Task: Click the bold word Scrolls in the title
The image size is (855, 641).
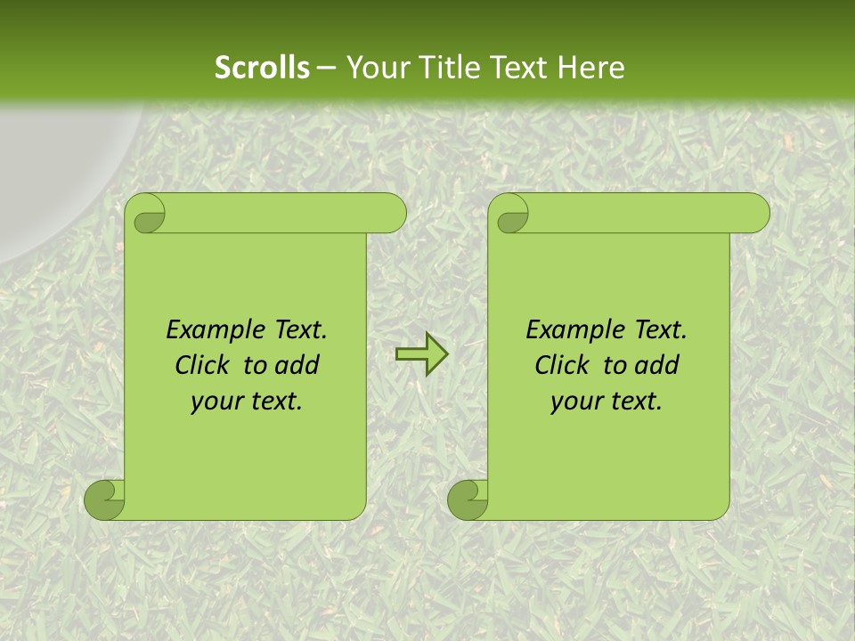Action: pyautogui.click(x=263, y=68)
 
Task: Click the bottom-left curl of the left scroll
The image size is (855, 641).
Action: pyautogui.click(x=105, y=499)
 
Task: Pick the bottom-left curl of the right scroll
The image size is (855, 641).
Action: pyautogui.click(x=468, y=499)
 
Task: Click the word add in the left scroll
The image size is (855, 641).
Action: pyautogui.click(x=297, y=365)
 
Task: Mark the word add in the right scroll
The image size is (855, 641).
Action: pyautogui.click(x=656, y=365)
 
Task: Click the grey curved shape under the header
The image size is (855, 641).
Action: pyautogui.click(x=53, y=169)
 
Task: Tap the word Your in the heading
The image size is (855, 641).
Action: pyautogui.click(x=374, y=68)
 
